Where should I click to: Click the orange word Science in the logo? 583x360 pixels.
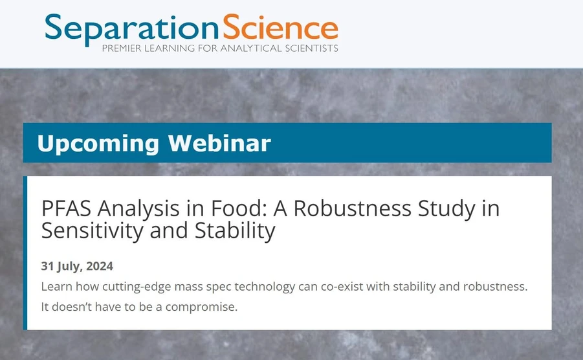(x=280, y=27)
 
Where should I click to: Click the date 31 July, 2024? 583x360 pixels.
(x=77, y=266)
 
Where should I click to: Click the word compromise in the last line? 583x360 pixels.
(x=201, y=306)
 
